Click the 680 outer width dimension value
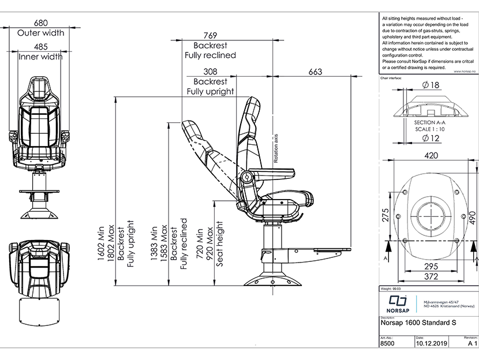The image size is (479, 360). [x=40, y=22]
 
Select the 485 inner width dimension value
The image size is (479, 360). [x=40, y=46]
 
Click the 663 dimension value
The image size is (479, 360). [x=316, y=72]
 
